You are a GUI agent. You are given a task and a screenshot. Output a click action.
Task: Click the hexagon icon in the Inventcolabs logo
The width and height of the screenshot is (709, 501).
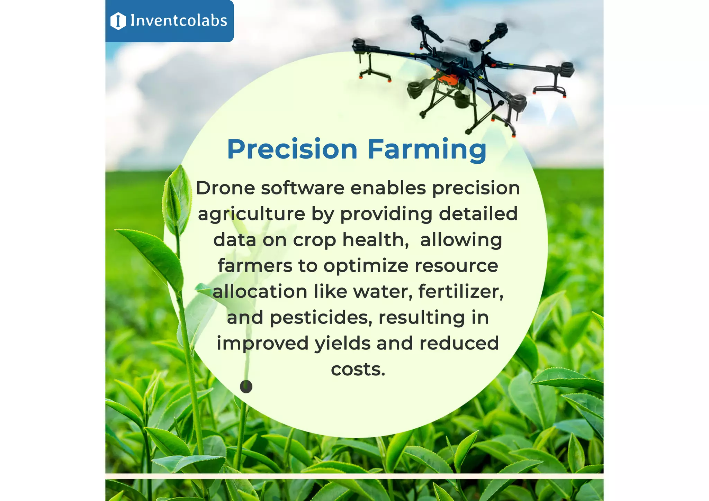[118, 21]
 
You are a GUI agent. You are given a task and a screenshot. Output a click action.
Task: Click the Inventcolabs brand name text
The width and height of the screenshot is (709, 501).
[179, 21]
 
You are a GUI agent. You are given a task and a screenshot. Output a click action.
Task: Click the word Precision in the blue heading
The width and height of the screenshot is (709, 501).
[292, 149]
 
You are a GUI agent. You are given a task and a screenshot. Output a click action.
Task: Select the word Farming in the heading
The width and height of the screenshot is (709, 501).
[427, 150]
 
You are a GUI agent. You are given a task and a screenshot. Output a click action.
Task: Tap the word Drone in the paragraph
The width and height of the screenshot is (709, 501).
[225, 188]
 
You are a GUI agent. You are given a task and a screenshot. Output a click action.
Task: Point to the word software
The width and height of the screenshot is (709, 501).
[303, 188]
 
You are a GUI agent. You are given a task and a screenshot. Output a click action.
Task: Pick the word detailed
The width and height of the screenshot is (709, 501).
[478, 213]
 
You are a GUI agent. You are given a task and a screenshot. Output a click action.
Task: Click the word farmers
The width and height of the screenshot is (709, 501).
[255, 266]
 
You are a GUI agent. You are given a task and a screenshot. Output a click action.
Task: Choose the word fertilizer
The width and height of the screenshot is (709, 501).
[460, 291]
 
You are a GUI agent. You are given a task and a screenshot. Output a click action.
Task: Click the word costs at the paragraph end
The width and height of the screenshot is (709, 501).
[358, 370]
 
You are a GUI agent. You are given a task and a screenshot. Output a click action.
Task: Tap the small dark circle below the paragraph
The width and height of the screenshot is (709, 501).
[246, 386]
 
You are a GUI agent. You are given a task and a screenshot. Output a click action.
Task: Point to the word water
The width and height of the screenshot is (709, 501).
[382, 291]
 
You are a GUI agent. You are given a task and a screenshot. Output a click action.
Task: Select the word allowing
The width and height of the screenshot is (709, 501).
[461, 240]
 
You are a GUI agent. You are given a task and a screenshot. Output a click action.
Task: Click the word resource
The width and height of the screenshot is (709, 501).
[456, 266]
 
